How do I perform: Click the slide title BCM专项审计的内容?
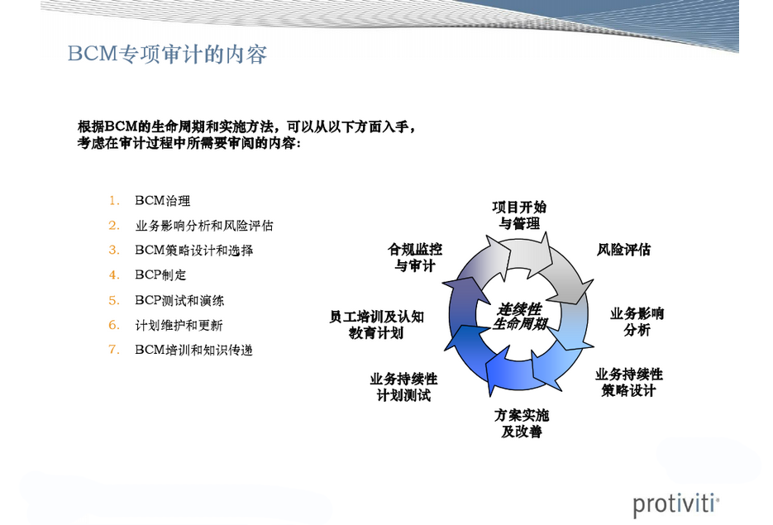[x=167, y=54]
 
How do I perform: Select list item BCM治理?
[x=163, y=201]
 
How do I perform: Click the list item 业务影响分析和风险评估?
[x=204, y=226]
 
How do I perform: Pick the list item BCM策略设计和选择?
[x=193, y=251]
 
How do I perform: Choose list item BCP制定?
[x=160, y=275]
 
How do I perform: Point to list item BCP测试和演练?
[x=179, y=300]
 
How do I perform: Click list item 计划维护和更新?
[x=179, y=325]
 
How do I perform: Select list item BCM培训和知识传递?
[x=193, y=350]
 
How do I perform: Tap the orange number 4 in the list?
[x=114, y=275]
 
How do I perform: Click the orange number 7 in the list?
[x=114, y=350]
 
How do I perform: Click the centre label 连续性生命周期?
[x=520, y=317]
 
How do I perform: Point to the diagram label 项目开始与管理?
[x=519, y=216]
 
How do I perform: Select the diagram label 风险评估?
[x=623, y=250]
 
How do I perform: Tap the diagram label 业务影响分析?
[x=637, y=322]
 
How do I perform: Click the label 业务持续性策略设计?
[x=629, y=382]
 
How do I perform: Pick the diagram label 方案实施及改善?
[x=522, y=423]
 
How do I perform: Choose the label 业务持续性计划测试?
[x=403, y=387]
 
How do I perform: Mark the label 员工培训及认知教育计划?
[x=377, y=324]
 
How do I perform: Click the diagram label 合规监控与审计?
[x=415, y=257]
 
